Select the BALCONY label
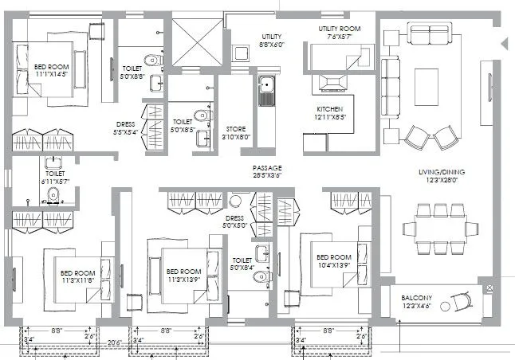point(416,298)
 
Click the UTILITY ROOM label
point(334,29)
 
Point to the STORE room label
point(235,128)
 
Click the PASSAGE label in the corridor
point(267,168)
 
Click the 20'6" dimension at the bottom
point(115,343)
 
